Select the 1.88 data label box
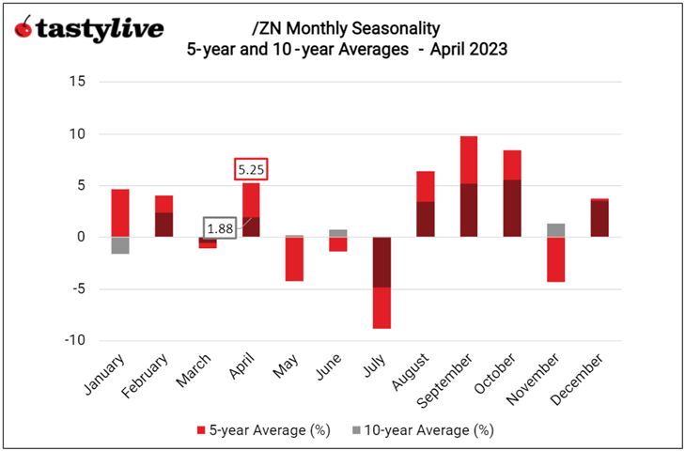pos(221,228)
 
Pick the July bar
pos(381,282)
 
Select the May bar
pos(294,258)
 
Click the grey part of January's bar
pos(120,245)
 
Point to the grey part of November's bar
pos(555,230)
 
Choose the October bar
pos(512,193)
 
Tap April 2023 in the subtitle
pos(463,50)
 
